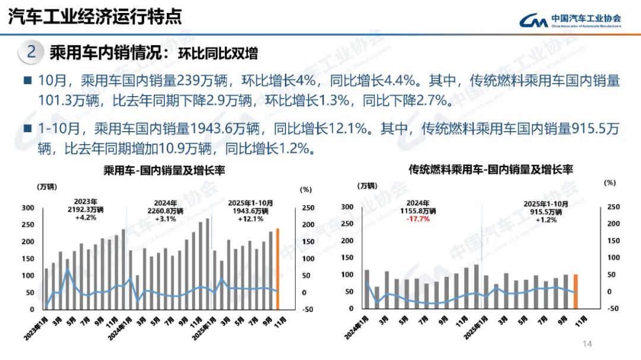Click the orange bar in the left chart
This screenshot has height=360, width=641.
click(x=277, y=269)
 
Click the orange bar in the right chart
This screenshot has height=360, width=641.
click(x=575, y=291)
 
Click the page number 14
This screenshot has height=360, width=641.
click(x=588, y=344)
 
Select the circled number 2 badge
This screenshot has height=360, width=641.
click(x=31, y=52)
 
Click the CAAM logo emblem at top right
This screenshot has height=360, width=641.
click(x=533, y=20)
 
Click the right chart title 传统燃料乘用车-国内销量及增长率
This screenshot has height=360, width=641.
click(x=490, y=170)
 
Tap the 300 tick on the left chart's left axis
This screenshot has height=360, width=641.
click(x=28, y=208)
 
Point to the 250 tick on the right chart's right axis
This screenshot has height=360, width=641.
click(x=613, y=207)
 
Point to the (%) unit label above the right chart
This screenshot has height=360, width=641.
click(x=610, y=183)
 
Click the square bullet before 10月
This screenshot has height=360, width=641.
click(x=27, y=80)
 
